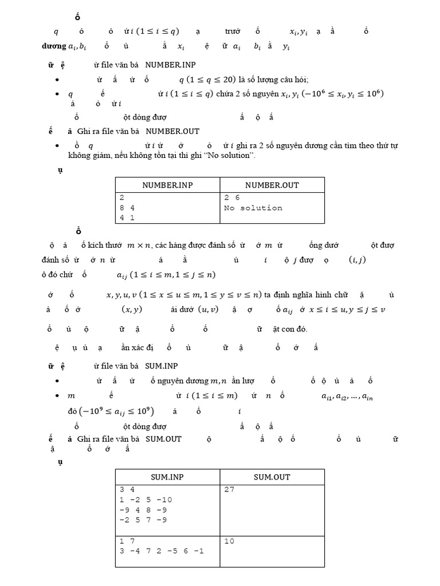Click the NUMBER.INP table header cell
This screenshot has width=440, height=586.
(167, 185)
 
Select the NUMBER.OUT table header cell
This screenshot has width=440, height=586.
(272, 185)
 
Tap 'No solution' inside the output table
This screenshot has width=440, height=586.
(253, 208)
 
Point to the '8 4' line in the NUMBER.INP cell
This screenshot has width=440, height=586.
(127, 208)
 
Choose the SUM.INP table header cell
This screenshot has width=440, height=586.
(167, 477)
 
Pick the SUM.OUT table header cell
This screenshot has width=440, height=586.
(272, 477)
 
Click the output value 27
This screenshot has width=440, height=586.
(229, 490)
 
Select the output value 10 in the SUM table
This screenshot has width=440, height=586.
(229, 541)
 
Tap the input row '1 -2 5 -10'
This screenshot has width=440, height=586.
(146, 500)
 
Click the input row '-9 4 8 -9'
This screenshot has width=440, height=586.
(143, 510)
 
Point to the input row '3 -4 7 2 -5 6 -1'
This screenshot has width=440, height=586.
(162, 551)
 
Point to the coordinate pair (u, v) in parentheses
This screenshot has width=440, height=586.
(210, 310)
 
